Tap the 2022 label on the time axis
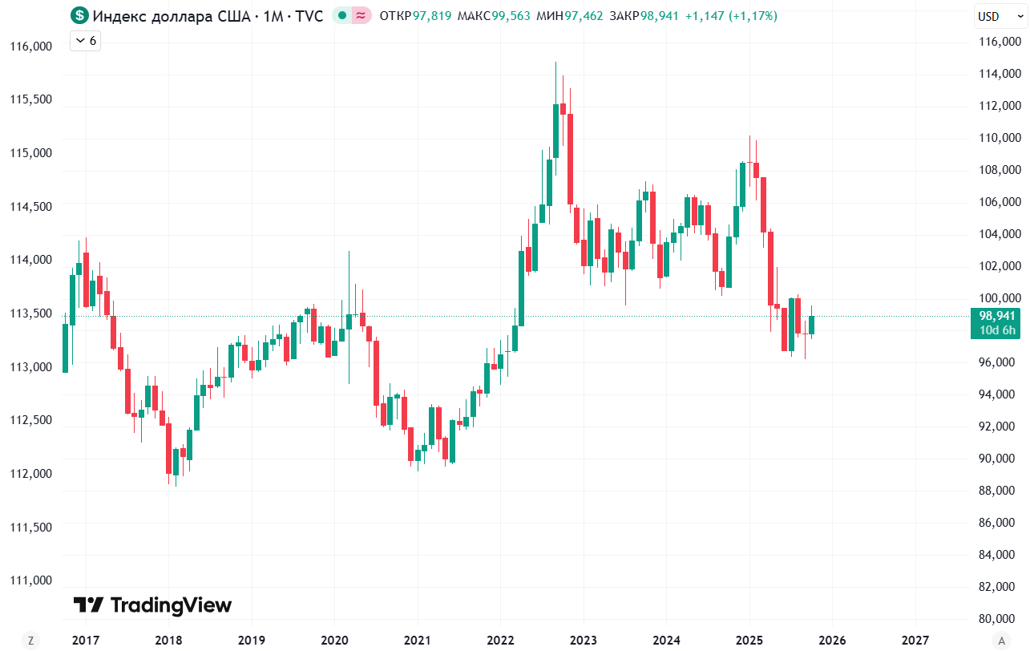click(500, 641)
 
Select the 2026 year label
click(832, 641)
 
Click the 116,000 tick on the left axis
click(30, 46)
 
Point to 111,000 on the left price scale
click(30, 580)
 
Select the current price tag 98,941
click(996, 316)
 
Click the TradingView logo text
click(170, 605)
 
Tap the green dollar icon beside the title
click(79, 15)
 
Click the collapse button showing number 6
click(85, 41)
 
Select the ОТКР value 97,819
click(431, 16)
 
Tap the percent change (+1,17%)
click(753, 16)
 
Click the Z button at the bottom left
click(30, 640)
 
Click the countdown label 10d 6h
click(996, 330)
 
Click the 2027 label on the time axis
click(915, 641)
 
